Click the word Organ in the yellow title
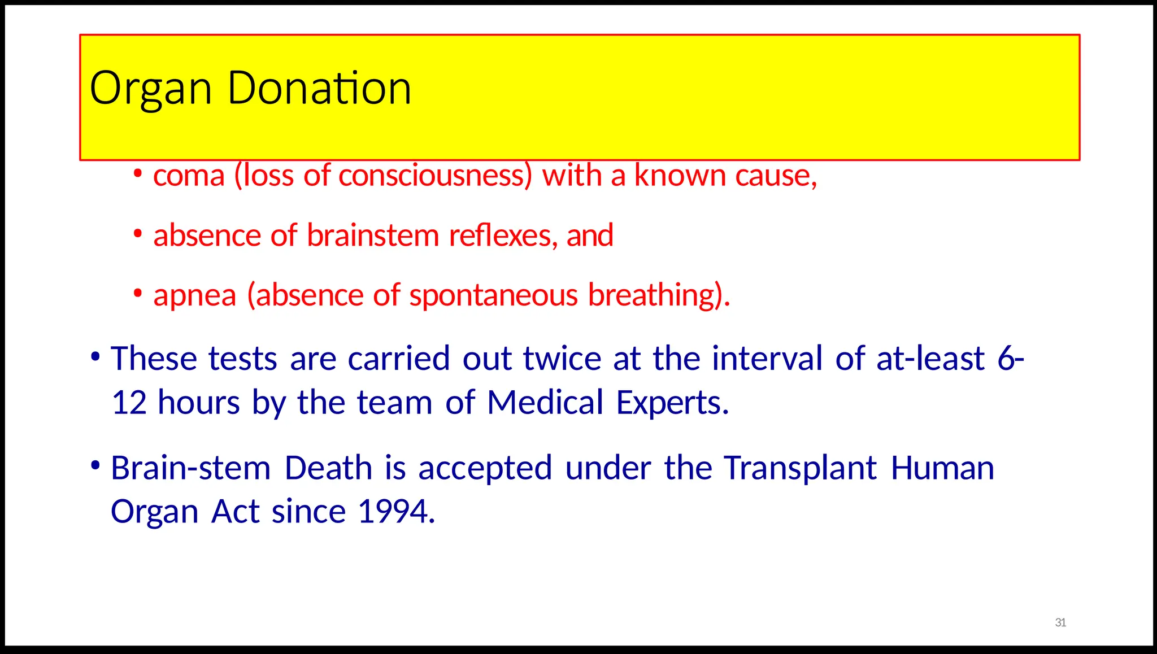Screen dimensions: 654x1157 150,89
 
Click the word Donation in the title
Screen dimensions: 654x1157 319,88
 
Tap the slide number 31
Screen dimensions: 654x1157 1060,622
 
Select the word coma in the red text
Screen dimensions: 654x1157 189,176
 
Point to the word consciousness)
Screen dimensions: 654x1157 435,176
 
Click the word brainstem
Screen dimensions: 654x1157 373,236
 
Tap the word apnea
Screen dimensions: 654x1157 195,296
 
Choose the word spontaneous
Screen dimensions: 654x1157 494,296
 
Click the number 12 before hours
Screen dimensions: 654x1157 129,403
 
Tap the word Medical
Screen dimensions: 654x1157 545,403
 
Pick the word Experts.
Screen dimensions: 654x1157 672,403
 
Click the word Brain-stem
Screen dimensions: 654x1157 191,468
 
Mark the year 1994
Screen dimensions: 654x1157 396,512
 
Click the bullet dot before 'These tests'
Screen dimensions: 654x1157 95,357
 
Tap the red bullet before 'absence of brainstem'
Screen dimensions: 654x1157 138,233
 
